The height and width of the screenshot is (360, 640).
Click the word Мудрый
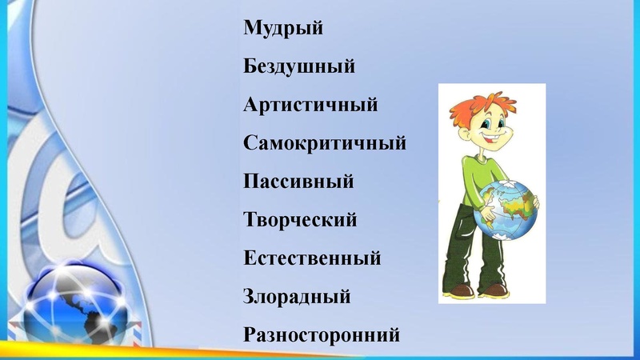click(x=283, y=30)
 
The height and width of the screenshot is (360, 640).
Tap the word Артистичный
click(x=310, y=105)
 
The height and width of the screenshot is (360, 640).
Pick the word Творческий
click(x=299, y=219)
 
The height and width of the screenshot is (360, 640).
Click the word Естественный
click(x=311, y=258)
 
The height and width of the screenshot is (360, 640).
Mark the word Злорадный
click(x=297, y=297)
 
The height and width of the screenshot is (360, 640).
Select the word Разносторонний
click(x=321, y=334)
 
